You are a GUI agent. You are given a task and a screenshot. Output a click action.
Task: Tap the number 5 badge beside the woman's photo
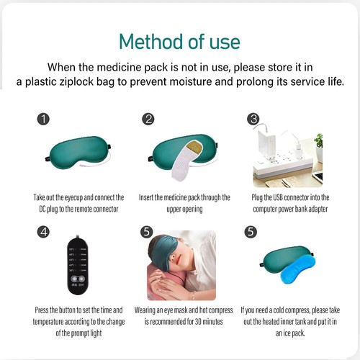148,233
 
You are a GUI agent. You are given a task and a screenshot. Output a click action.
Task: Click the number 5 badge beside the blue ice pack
251,233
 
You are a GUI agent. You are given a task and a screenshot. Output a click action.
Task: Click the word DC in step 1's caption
42,208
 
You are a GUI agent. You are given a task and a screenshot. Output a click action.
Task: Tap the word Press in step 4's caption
42,310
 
